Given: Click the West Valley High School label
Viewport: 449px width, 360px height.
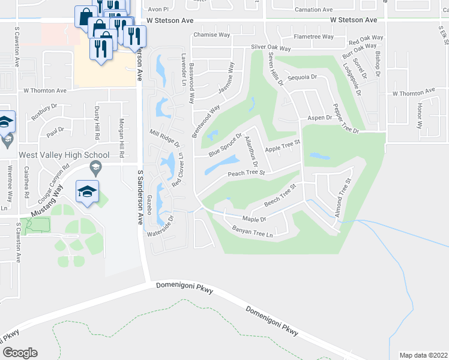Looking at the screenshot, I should tap(59, 155).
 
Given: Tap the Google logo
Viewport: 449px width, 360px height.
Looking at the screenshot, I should tap(19, 352).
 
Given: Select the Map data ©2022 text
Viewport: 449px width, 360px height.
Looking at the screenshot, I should tap(424, 355).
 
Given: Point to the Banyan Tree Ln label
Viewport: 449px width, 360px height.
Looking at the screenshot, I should tap(252, 232).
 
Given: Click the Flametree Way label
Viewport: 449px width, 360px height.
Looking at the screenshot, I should tap(313, 37).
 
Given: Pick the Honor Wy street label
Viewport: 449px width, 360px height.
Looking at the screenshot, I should tap(420, 115).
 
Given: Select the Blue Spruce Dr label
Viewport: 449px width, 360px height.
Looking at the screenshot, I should tap(225, 145).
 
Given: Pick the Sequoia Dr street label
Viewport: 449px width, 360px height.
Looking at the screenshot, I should tap(302, 77).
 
